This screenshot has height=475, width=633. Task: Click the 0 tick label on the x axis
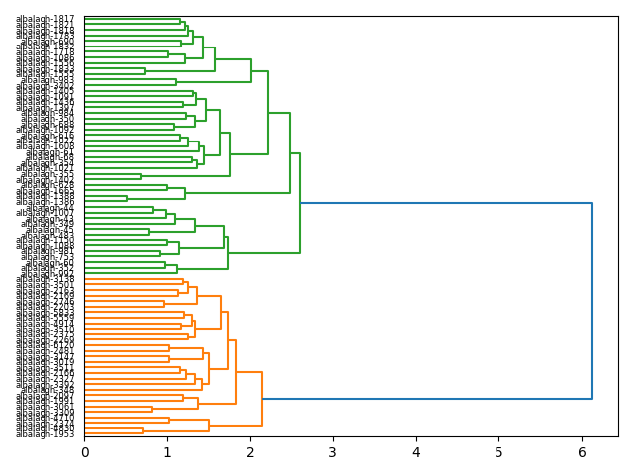click(85, 452)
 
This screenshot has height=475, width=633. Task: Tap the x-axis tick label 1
click(167, 452)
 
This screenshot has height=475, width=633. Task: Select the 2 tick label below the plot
click(250, 452)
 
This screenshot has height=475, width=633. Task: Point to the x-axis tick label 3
click(333, 452)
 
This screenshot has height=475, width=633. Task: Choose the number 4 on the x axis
click(416, 452)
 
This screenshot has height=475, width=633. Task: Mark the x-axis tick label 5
click(499, 452)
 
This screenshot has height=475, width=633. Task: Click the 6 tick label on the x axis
click(582, 452)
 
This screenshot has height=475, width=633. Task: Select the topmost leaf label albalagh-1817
click(45, 19)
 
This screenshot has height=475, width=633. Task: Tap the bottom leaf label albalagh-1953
click(45, 434)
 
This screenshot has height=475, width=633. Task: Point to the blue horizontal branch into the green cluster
click(445, 203)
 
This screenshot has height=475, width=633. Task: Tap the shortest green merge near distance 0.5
click(127, 198)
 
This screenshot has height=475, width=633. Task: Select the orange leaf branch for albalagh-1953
click(114, 433)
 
